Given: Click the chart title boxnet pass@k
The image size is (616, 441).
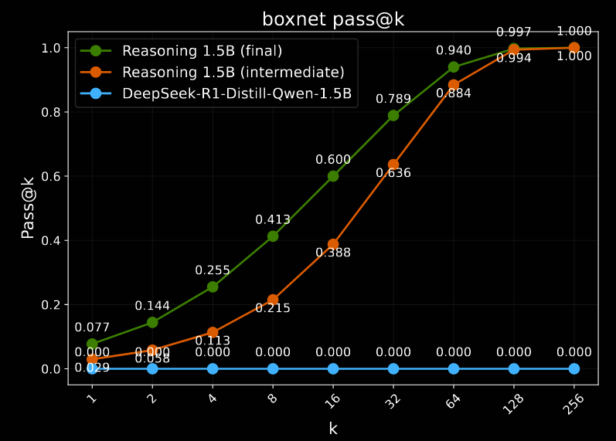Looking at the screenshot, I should click(x=332, y=19).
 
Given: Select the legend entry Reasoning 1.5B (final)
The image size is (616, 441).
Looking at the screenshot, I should click(x=202, y=51).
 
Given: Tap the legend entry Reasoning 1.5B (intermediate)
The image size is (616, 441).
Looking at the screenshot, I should click(x=233, y=73).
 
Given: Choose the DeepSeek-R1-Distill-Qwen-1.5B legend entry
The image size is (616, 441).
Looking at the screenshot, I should click(x=237, y=94).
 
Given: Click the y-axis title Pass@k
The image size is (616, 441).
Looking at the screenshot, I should click(x=28, y=208).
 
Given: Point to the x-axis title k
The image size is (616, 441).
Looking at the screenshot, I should click(x=333, y=429).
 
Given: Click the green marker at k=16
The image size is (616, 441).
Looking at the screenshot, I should click(x=333, y=176).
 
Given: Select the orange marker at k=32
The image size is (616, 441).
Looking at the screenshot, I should click(x=393, y=165).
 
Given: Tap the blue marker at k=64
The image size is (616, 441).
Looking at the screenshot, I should click(x=454, y=368).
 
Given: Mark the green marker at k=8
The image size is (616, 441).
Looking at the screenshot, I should click(x=273, y=236).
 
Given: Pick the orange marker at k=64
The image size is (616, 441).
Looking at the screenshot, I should click(x=454, y=85).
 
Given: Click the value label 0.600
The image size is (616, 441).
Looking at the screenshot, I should click(x=333, y=160).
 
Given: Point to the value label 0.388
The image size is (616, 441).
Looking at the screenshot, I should click(x=333, y=253).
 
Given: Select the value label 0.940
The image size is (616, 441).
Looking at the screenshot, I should click(x=454, y=51).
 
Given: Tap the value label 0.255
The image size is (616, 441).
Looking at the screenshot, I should click(x=213, y=270).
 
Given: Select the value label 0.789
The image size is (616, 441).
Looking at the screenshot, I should click(x=393, y=99).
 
